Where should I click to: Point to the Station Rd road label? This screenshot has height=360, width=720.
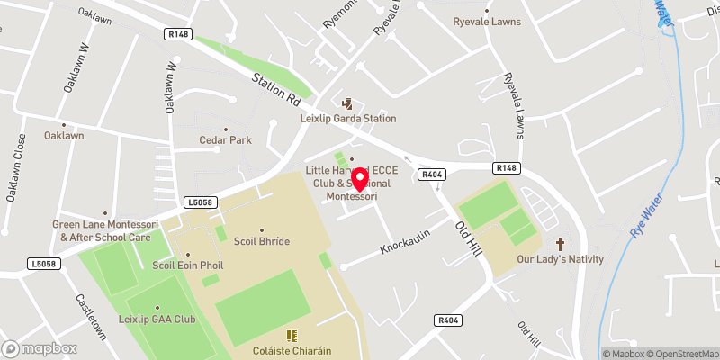click(275, 87)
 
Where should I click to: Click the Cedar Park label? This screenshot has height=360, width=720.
click(225, 140)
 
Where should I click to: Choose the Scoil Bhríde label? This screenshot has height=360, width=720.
click(262, 242)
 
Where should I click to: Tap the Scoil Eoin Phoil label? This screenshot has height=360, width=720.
click(187, 265)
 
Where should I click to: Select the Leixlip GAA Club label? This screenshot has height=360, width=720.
click(157, 319)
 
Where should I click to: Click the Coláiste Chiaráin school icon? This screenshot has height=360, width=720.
click(291, 335)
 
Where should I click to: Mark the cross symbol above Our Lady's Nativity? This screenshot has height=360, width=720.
click(560, 244)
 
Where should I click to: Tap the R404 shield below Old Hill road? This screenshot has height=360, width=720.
click(447, 319)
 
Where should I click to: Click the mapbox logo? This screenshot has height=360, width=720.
click(39, 347)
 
